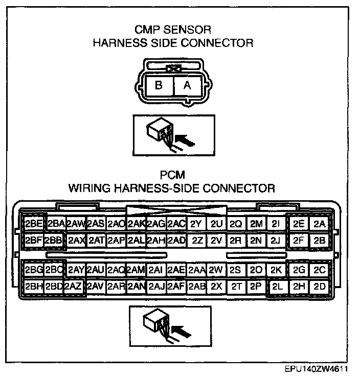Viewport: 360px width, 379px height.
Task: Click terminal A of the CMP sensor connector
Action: click(187, 86)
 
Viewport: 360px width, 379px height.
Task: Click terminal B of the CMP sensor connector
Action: click(159, 86)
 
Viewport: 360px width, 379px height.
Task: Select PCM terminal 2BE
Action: click(34, 223)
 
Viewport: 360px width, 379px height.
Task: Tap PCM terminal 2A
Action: click(320, 223)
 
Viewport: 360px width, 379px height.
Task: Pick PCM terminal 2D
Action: click(320, 287)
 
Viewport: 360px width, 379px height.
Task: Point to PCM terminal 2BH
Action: click(34, 287)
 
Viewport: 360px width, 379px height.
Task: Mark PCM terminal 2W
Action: click(216, 270)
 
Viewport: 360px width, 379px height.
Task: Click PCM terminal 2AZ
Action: click(73, 287)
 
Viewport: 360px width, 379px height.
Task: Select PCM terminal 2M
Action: click(257, 223)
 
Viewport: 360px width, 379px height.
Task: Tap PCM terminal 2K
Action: click(277, 270)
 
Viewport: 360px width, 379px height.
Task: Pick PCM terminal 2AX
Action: click(76, 240)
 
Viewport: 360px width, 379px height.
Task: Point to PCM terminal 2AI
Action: click(155, 270)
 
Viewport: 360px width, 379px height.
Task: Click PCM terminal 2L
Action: click(278, 287)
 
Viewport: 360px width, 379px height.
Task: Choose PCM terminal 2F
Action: click(299, 240)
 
